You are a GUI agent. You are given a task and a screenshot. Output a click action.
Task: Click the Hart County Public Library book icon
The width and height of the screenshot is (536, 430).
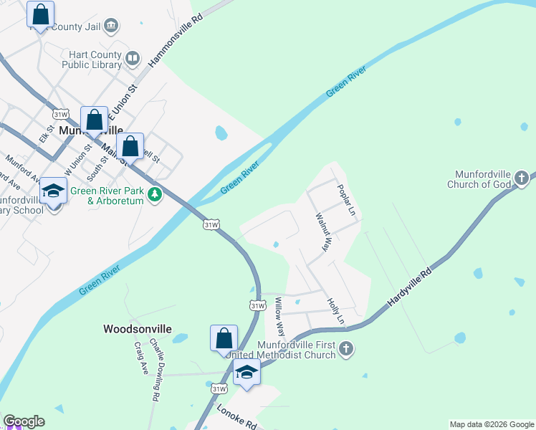tap(132, 57)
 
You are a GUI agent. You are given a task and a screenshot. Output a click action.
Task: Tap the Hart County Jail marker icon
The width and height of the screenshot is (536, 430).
tap(111, 27)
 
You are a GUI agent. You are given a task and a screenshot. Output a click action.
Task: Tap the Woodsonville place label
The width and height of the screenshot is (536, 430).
tap(138, 329)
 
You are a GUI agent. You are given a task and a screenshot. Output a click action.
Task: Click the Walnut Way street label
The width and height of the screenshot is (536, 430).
tap(322, 231)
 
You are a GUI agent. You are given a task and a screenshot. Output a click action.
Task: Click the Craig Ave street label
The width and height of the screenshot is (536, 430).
tap(140, 356)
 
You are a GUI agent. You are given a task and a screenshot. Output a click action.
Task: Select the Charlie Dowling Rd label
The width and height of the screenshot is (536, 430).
tap(155, 373)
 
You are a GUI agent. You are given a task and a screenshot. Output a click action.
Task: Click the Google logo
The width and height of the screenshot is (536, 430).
tap(24, 421)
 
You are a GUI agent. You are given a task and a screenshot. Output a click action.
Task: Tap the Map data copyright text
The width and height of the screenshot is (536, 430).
tap(492, 424)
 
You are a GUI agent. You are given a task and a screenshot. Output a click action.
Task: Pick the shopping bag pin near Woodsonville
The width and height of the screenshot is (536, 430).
tap(224, 338)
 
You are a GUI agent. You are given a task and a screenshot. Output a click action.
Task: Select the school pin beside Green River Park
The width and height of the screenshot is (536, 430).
tap(53, 191)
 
